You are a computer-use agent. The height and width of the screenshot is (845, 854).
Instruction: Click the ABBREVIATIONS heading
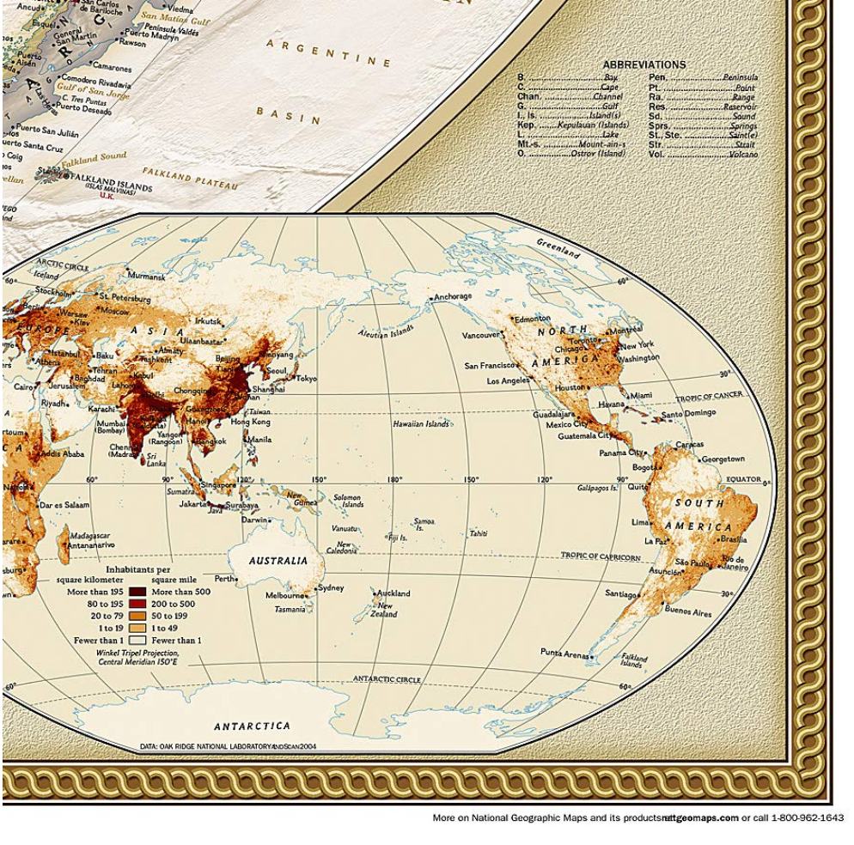[644, 64]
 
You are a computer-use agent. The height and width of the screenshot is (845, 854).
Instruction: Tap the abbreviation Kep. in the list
[526, 125]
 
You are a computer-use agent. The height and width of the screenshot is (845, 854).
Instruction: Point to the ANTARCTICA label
[252, 726]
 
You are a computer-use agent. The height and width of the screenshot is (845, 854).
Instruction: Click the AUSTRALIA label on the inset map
[278, 561]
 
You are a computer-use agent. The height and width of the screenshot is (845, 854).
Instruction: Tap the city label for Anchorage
[453, 296]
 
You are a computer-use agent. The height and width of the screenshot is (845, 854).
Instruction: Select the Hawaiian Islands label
[421, 424]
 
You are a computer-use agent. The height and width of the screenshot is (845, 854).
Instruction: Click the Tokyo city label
[306, 378]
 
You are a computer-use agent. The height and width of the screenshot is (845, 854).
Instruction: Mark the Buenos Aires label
[688, 612]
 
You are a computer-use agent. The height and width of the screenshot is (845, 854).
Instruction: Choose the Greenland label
[558, 248]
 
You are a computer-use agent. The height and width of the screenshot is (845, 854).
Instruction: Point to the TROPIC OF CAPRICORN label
[601, 556]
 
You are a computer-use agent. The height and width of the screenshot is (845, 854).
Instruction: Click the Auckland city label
[394, 593]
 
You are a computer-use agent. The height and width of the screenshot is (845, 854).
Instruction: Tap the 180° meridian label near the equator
[394, 479]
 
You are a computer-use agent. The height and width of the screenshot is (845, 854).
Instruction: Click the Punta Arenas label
[564, 653]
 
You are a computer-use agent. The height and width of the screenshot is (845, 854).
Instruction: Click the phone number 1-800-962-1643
[808, 818]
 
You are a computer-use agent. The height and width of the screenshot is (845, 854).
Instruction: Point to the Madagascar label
[89, 535]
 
